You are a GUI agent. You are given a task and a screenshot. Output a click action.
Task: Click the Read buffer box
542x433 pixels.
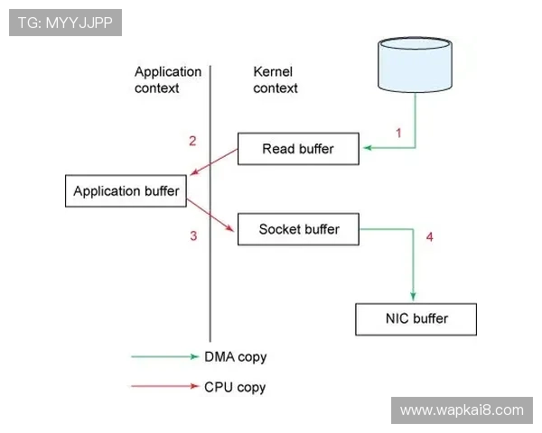pos(298,149)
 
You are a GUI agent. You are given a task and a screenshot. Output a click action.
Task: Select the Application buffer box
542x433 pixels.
pos(126,191)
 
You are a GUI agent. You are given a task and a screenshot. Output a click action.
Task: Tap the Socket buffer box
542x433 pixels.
pos(299,229)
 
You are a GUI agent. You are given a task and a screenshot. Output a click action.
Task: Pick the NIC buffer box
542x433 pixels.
pos(417,318)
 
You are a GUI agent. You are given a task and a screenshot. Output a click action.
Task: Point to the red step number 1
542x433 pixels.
pos(398,133)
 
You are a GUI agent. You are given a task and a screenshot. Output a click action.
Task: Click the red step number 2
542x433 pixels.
pos(192,141)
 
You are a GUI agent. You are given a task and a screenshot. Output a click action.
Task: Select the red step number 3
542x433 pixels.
pos(192,236)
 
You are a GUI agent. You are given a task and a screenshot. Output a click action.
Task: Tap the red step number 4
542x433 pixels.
pos(430,237)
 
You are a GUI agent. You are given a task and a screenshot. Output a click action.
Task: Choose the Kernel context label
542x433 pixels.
pos(276,79)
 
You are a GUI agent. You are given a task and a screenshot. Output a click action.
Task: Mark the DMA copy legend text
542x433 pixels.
pos(236,357)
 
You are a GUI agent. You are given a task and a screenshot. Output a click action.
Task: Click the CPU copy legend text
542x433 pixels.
pos(235,387)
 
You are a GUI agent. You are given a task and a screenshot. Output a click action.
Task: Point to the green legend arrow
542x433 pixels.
pos(164,357)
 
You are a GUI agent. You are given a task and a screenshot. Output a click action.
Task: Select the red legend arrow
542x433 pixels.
pos(164,387)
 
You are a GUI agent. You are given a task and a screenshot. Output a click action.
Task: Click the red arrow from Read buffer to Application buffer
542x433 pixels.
pos(214,166)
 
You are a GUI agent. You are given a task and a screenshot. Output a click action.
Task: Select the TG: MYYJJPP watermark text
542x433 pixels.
pos(65,22)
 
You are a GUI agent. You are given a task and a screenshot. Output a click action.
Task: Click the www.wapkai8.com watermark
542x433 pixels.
pos(462,410)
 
